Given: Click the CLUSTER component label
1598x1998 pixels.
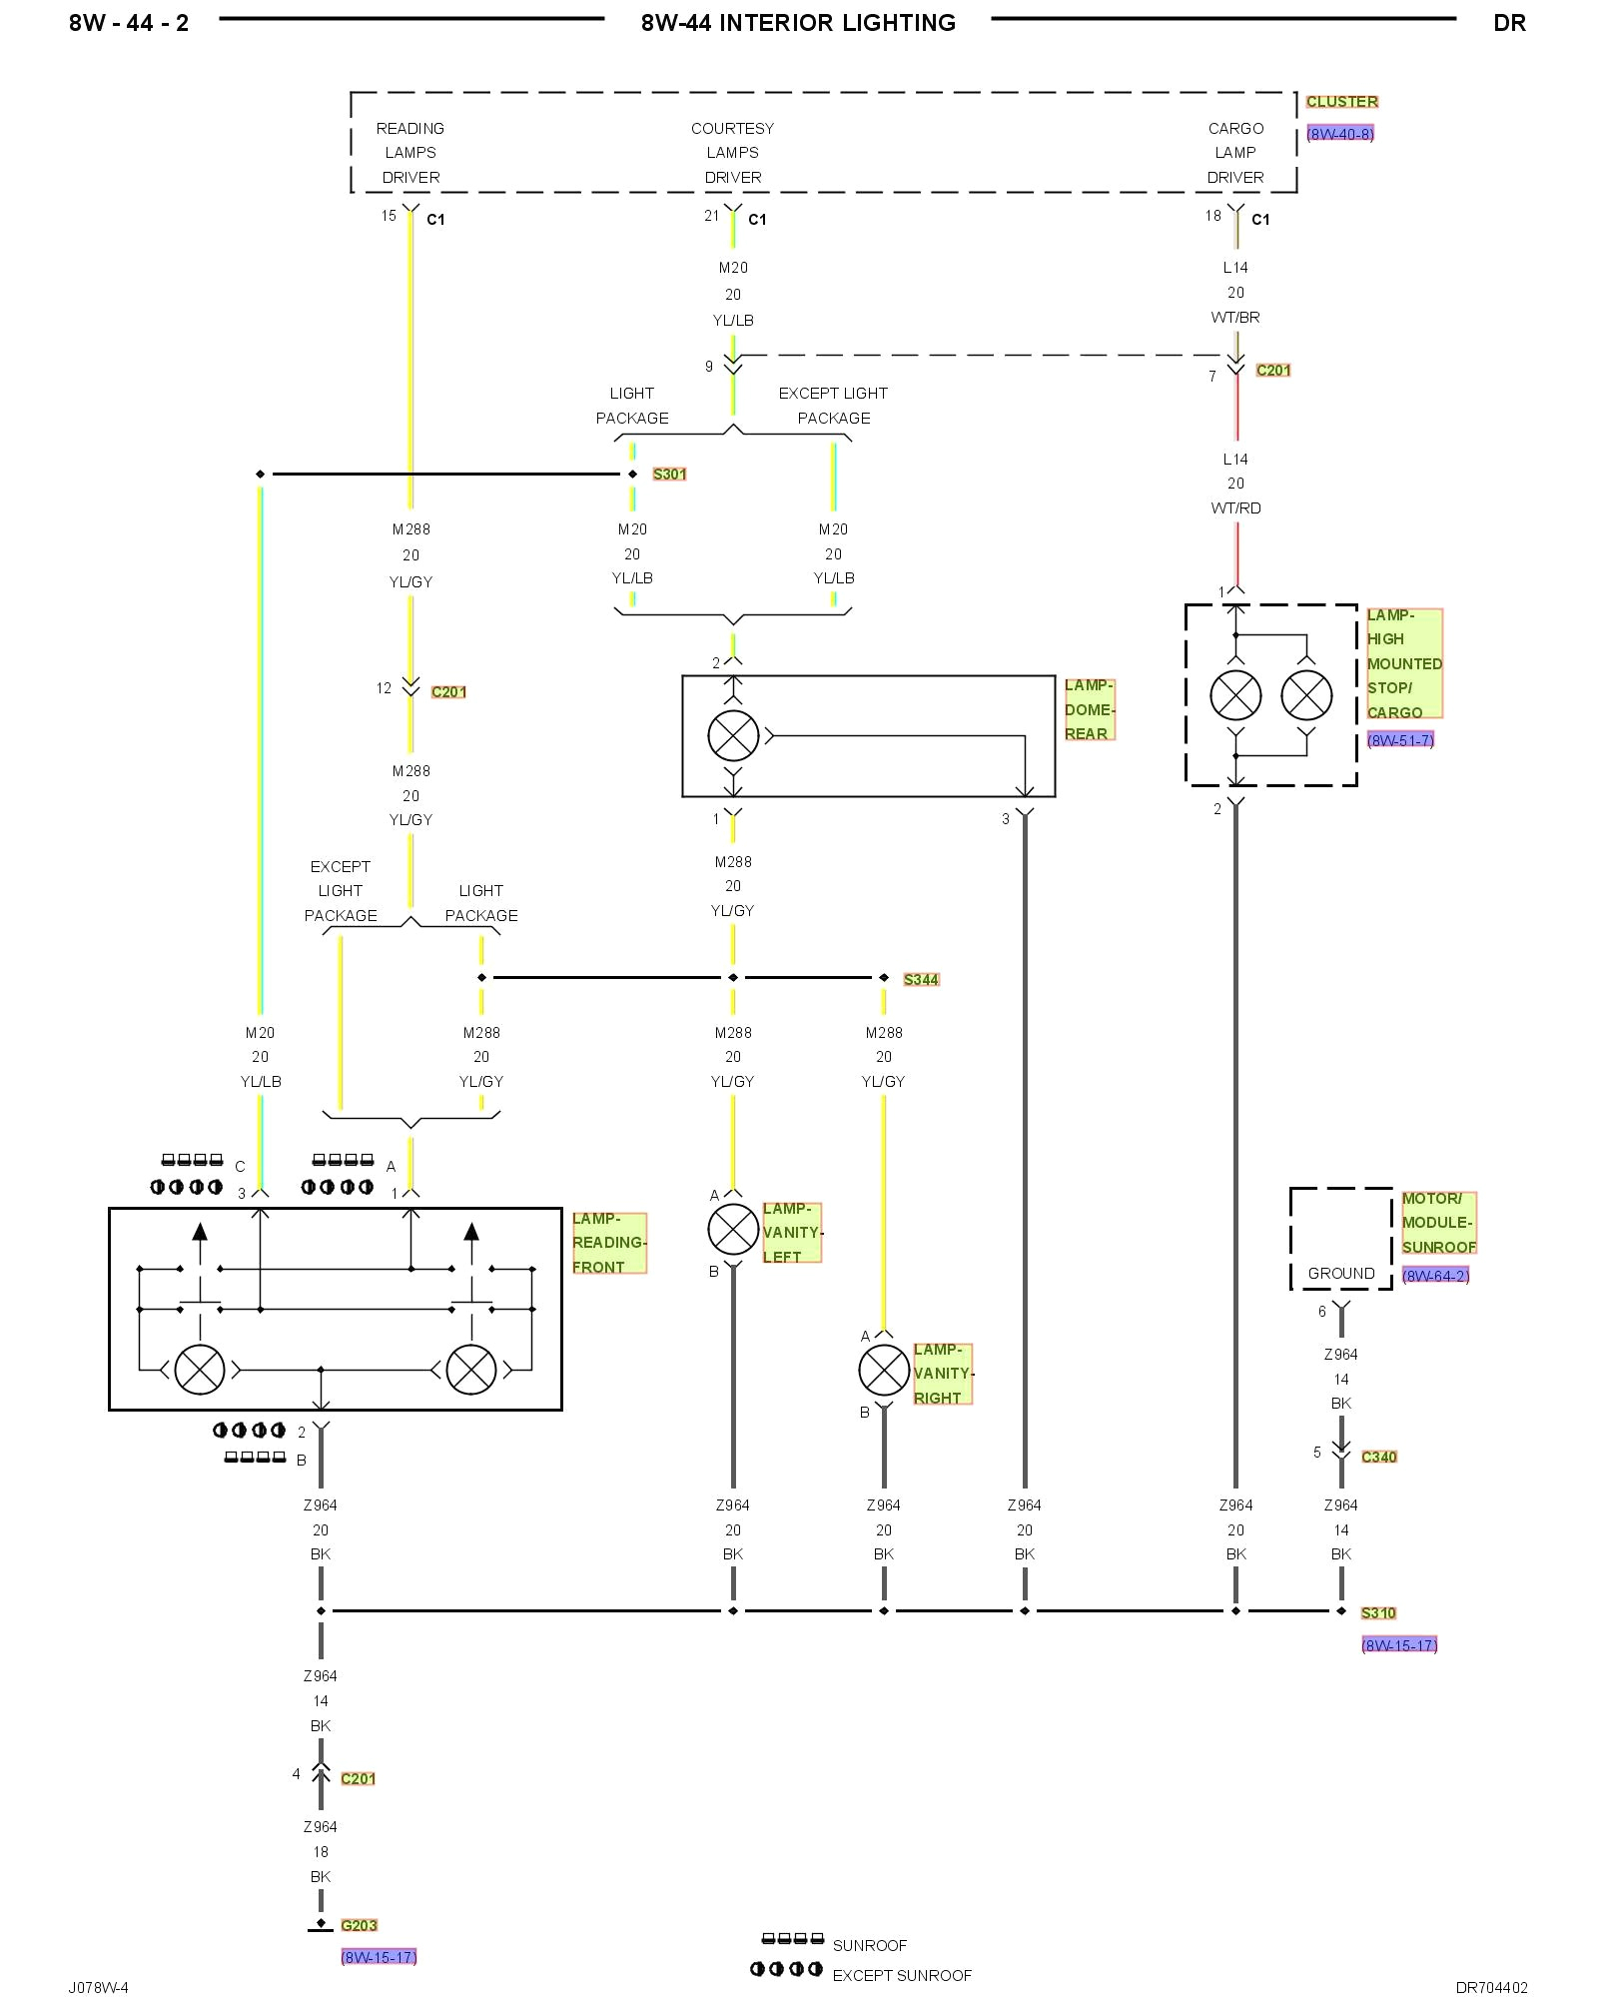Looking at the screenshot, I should [x=1341, y=102].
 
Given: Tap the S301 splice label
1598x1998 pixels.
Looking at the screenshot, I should [x=669, y=475].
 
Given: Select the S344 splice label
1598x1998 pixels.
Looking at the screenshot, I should [x=921, y=980].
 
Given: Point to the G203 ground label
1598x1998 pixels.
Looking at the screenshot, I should [x=359, y=1925].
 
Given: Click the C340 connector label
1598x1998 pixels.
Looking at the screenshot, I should [x=1378, y=1457].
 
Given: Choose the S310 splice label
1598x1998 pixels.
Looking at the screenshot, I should [x=1378, y=1612].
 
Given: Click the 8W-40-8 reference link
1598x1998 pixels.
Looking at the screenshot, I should [x=1339, y=134].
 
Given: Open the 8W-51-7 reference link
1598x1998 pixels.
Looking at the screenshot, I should [x=1399, y=740].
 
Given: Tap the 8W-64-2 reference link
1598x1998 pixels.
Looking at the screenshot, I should [x=1435, y=1276].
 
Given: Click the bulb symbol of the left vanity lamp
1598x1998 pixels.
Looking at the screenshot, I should [x=733, y=1230].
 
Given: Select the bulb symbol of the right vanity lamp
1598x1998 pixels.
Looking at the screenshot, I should [x=884, y=1371].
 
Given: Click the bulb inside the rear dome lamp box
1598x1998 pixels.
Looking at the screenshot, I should [x=733, y=736].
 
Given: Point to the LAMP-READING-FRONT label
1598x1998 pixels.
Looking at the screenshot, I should [x=608, y=1243].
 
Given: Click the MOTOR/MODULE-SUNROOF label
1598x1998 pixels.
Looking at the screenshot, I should [x=1437, y=1223].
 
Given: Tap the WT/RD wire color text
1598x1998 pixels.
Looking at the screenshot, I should [x=1235, y=508].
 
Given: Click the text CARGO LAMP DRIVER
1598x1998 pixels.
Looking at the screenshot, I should [x=1235, y=153].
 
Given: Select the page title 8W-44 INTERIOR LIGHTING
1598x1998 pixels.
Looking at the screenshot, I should [x=798, y=23].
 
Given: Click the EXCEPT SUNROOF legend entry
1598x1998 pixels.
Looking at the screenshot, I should [x=901, y=1975].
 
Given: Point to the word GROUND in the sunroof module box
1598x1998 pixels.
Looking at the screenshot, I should [x=1340, y=1274].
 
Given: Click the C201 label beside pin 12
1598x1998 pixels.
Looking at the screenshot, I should [x=448, y=692].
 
